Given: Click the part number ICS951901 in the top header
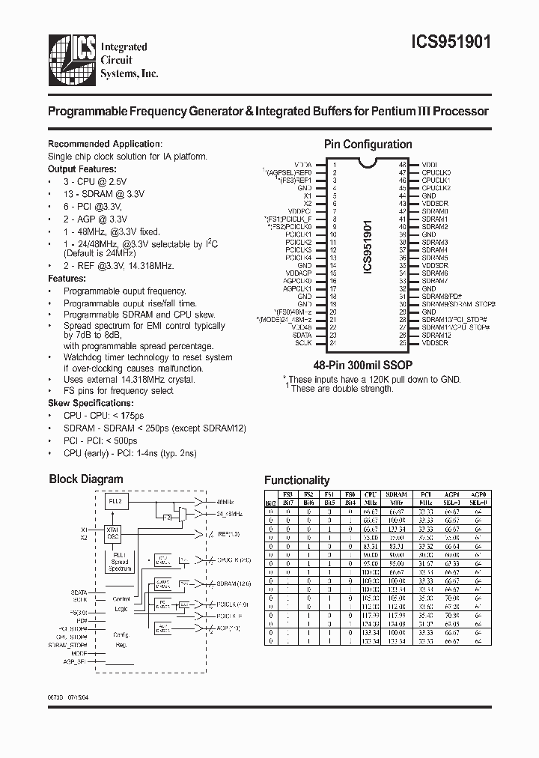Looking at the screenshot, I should [x=453, y=43].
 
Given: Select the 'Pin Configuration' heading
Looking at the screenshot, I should [x=368, y=145].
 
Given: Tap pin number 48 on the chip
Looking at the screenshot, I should [x=402, y=164].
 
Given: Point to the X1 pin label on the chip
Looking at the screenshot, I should [x=307, y=195].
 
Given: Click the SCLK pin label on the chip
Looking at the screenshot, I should [x=304, y=342].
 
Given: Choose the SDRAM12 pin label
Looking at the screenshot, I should [x=436, y=336].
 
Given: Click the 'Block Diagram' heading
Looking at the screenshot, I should [x=86, y=479].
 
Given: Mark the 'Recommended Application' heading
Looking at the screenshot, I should [x=105, y=144].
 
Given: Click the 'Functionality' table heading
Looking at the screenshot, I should [x=297, y=481].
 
